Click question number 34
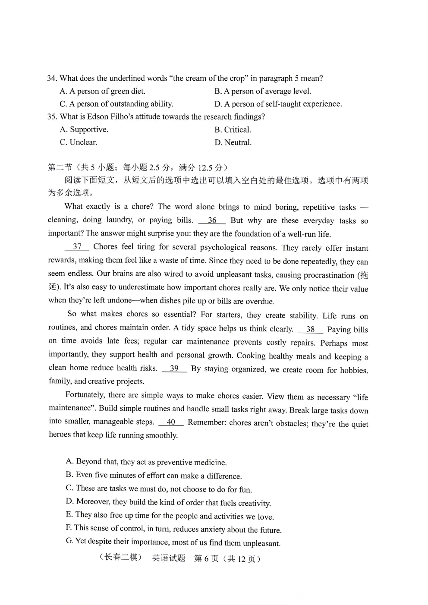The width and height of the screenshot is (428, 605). coord(52,79)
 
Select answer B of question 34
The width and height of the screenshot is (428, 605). coord(262,91)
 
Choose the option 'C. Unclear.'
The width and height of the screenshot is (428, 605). coord(79,142)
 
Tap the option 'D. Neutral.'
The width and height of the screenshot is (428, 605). coord(233,143)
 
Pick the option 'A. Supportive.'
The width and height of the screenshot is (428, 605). coord(84,129)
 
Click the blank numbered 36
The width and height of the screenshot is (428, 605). coord(212,221)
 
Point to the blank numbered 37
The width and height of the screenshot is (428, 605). coord(77,247)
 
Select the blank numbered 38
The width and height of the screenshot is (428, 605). coord(310,330)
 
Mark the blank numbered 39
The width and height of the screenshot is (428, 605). coord(174,369)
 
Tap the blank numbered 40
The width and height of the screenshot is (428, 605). coord(171,422)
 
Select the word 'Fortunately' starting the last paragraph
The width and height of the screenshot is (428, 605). coord(85,395)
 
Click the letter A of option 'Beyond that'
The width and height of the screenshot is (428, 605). coord(69,461)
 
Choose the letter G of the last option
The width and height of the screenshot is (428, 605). coord(69,541)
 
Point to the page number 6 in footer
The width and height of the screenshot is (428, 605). coord(207,559)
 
